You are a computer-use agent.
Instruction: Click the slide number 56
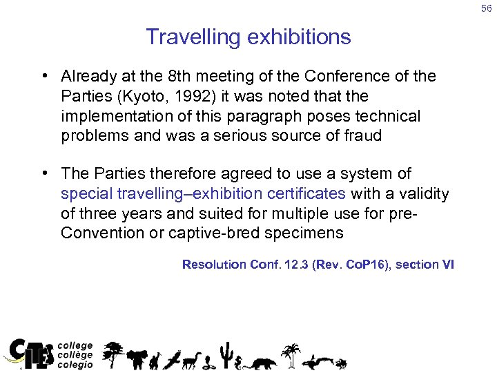pyautogui.click(x=486, y=8)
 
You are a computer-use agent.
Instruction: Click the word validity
pyautogui.click(x=420, y=194)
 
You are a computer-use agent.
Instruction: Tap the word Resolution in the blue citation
pyautogui.click(x=214, y=264)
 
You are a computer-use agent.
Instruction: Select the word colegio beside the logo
pyautogui.click(x=75, y=365)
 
